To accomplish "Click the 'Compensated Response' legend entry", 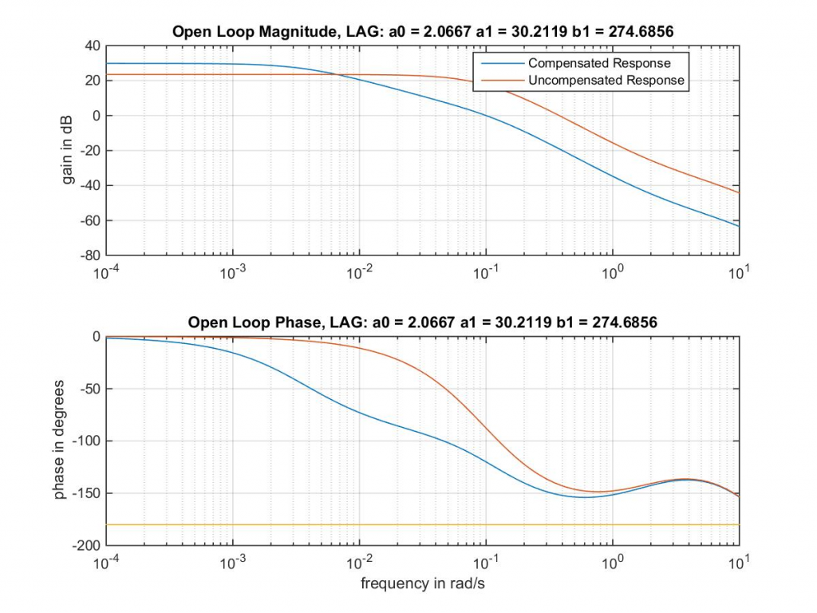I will tap(599, 63).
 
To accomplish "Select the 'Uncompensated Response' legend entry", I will tap(606, 80).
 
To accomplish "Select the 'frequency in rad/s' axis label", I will tap(423, 583).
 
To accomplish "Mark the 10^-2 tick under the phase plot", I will tap(359, 562).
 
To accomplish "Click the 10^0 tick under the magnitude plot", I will tap(613, 272).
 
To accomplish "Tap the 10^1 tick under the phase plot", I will tap(739, 562).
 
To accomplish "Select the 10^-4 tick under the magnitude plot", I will tap(106, 272).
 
